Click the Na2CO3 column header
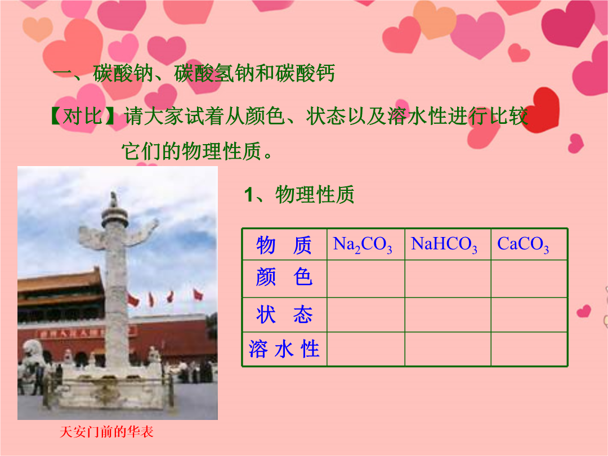point(363,245)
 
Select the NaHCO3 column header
point(444,245)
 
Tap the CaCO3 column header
point(523,245)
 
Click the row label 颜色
point(284,277)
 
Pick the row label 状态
point(284,314)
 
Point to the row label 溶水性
point(284,348)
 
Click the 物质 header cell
point(284,245)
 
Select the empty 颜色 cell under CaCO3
point(529,279)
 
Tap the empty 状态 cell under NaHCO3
point(448,315)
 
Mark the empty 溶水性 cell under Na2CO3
point(366,349)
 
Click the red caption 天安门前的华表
point(106,432)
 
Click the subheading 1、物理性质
point(299,194)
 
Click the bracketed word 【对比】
point(82,116)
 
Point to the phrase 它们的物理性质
point(191,151)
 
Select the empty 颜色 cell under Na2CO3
point(366,279)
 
